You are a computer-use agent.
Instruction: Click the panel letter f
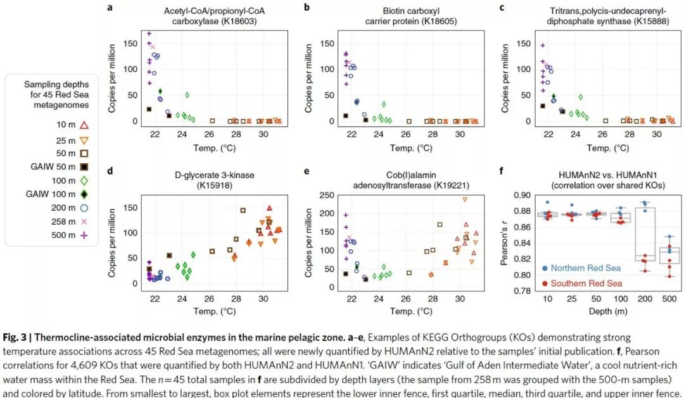(502, 171)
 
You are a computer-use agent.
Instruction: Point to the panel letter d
(110, 171)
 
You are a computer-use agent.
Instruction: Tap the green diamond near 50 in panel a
(187, 95)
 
